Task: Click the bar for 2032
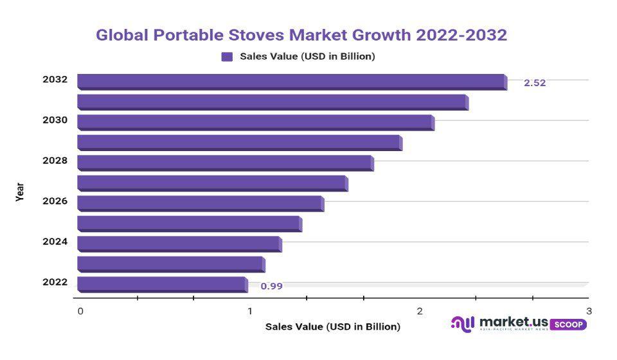coord(291,82)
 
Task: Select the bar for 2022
coord(162,284)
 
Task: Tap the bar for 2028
coord(225,163)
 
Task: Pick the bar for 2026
coord(200,203)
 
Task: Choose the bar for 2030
coord(255,122)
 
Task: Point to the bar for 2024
coord(179,244)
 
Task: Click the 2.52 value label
coord(535,83)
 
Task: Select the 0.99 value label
coord(271,286)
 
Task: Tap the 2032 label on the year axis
coord(55,80)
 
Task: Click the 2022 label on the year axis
coord(55,282)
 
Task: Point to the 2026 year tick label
coord(55,201)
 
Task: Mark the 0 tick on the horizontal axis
coord(80,311)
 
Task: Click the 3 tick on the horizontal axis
coord(589,311)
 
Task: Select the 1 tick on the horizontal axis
coord(250,311)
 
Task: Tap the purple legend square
coord(227,57)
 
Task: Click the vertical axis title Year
coord(20,192)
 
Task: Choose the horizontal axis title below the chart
coord(332,327)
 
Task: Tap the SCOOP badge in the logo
coord(568,325)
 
